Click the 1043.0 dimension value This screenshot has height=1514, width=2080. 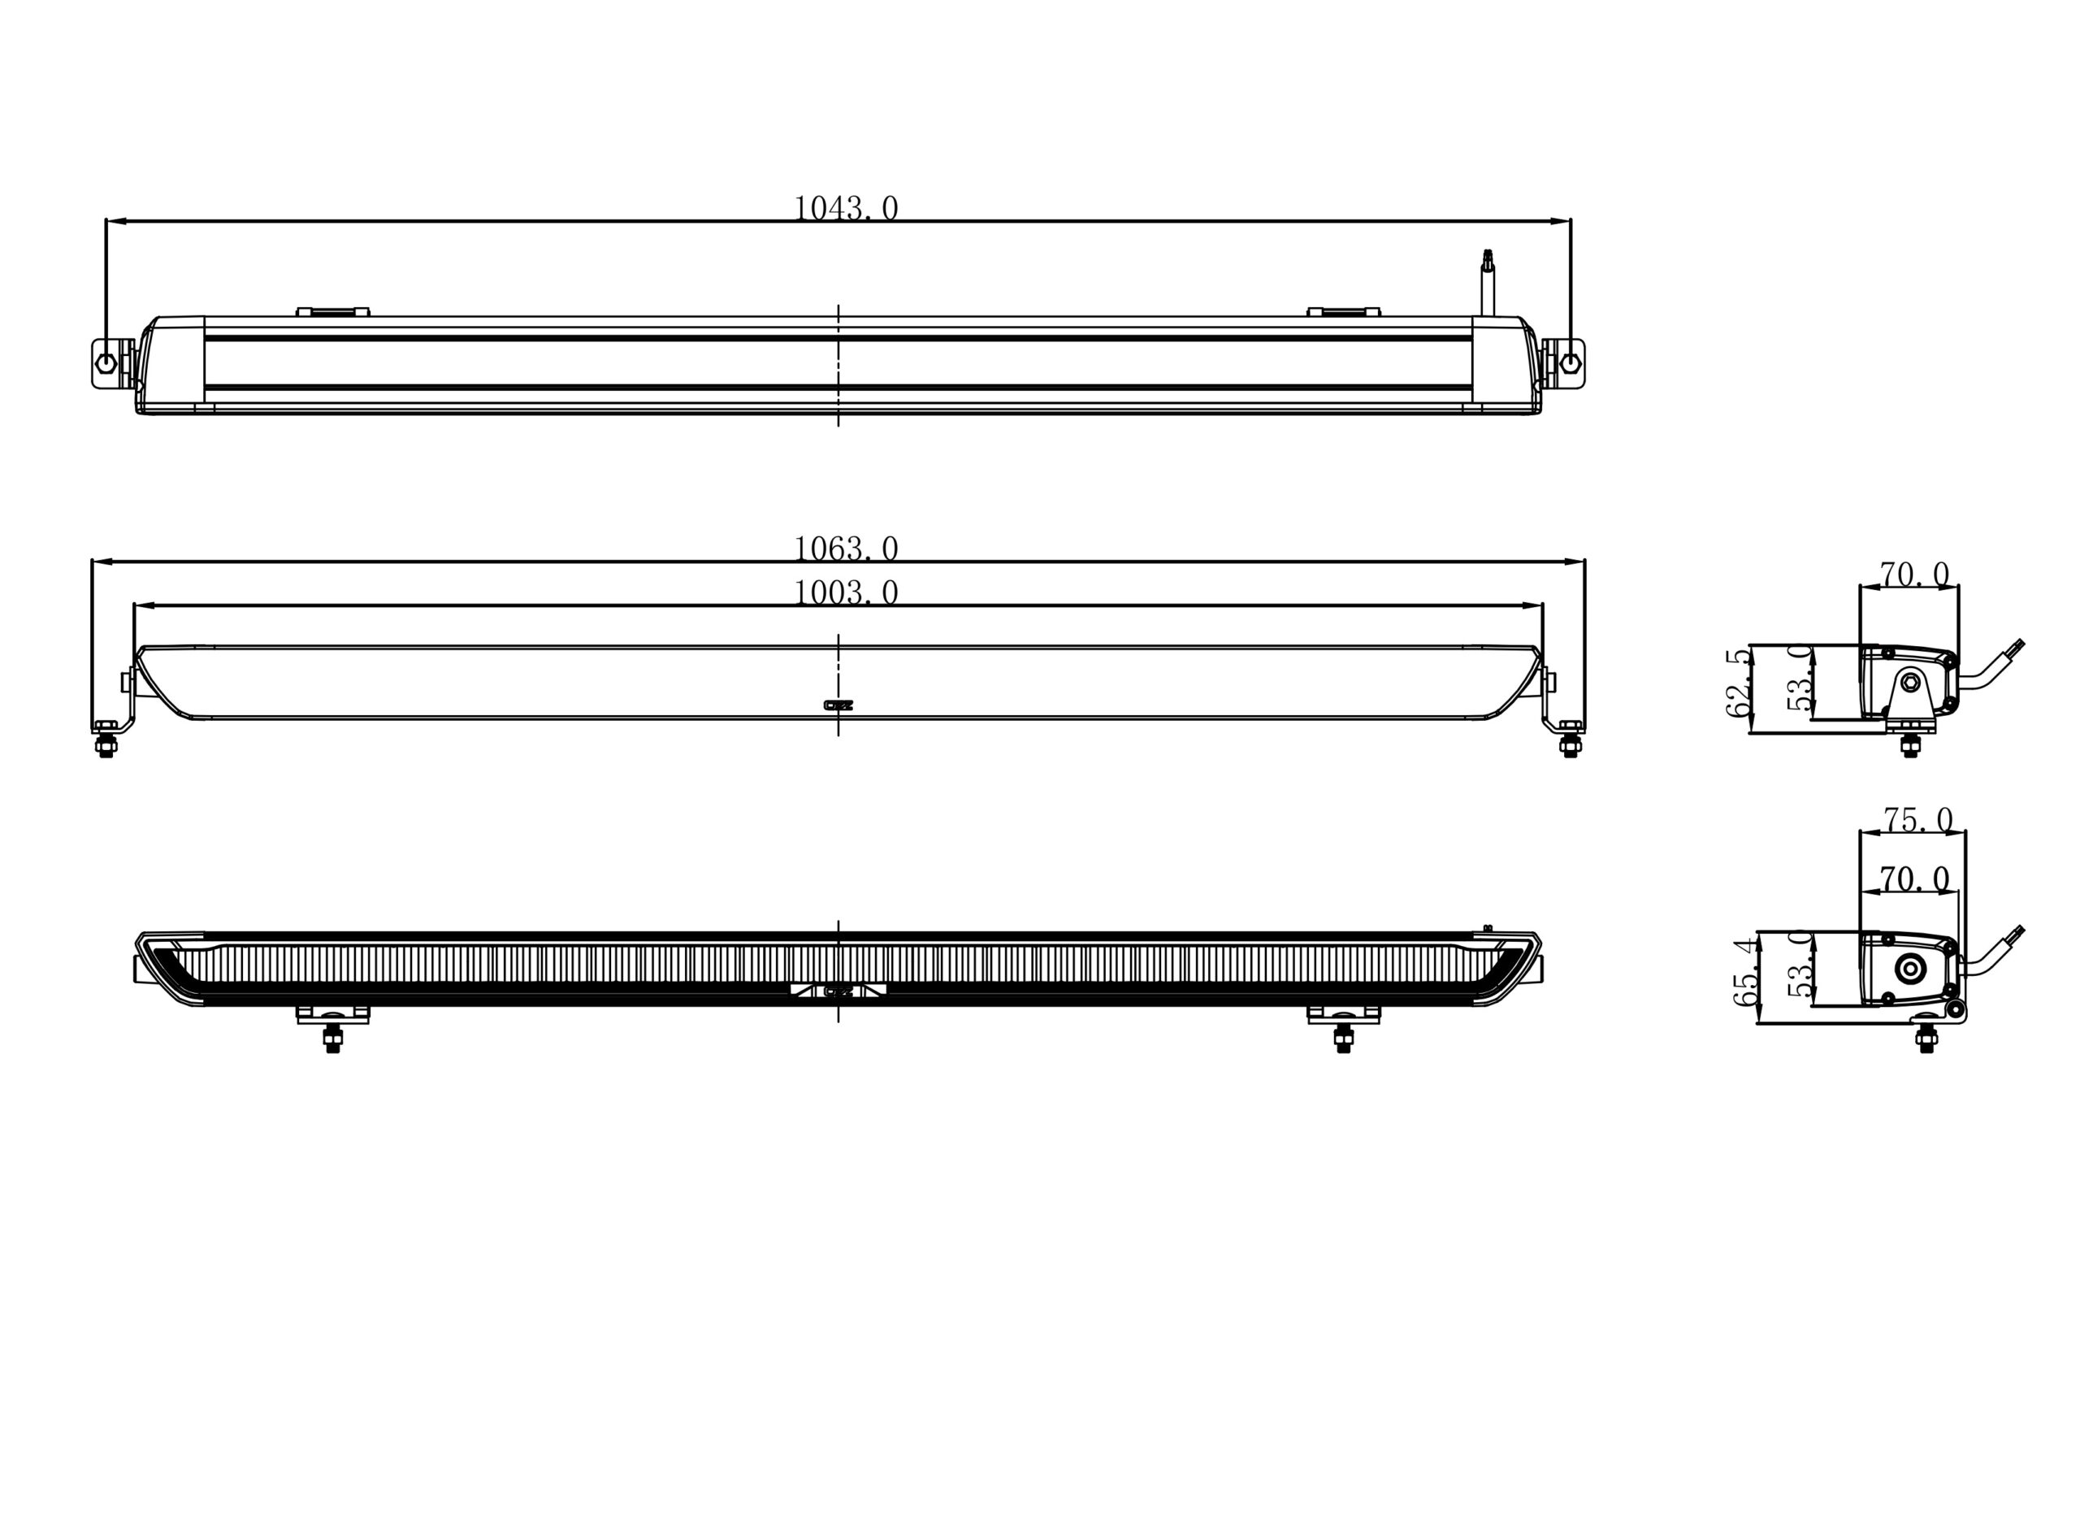(x=846, y=209)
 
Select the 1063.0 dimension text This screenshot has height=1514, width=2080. (x=846, y=549)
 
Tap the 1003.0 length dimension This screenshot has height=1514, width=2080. (x=846, y=593)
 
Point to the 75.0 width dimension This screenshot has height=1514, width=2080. (x=1917, y=819)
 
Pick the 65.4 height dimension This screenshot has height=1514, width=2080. (x=1745, y=971)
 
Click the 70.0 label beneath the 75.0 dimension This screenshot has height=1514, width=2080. (x=1915, y=879)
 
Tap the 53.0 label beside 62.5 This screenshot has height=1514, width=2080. (x=1800, y=679)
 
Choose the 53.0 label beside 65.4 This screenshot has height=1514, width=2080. (x=1800, y=964)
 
